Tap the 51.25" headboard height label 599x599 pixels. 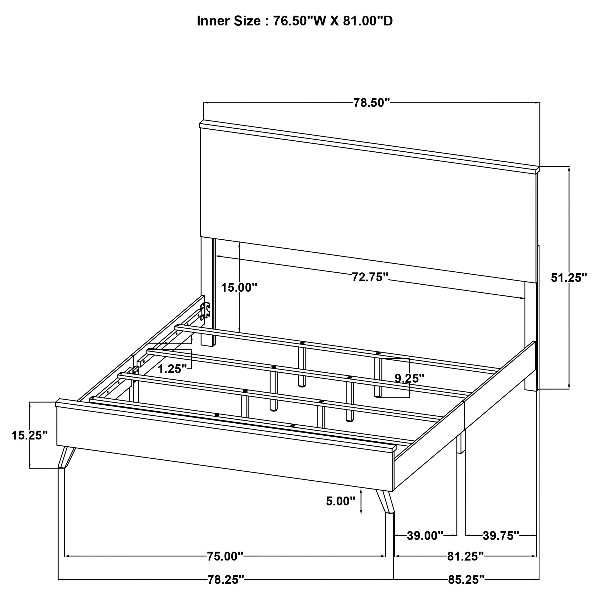tap(569, 278)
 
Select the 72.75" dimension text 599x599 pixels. tap(370, 277)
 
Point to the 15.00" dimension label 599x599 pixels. tap(239, 288)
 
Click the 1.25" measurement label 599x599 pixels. tap(172, 369)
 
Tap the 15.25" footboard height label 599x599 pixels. tap(29, 436)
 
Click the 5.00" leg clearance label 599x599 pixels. tap(340, 501)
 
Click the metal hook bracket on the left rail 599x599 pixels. tap(205, 311)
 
